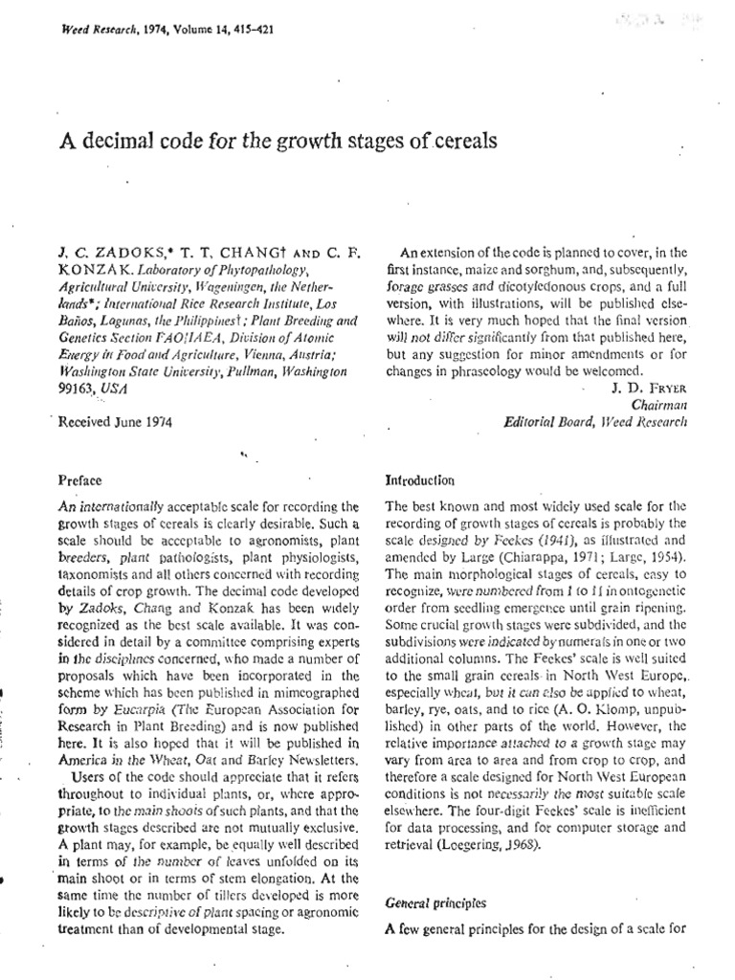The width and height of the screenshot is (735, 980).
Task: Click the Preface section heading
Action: (79, 480)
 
